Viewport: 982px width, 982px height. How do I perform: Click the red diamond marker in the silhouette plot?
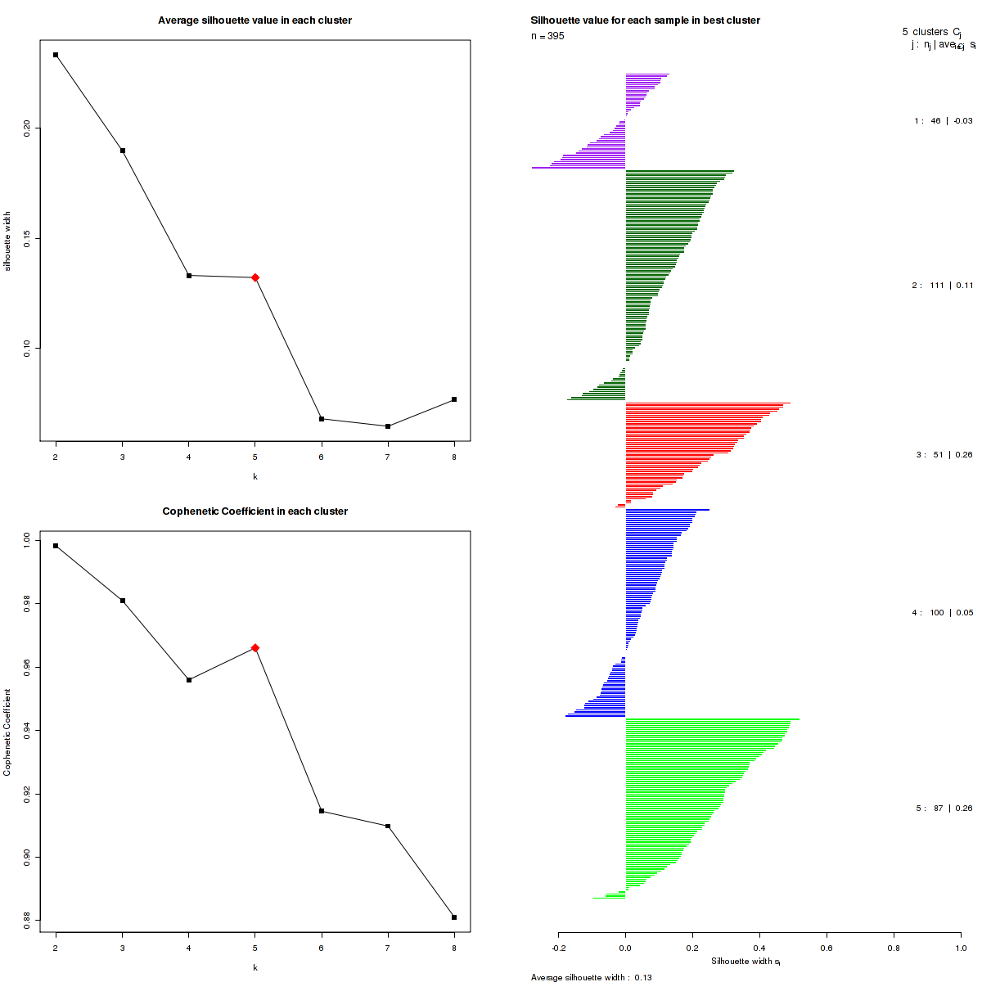pyautogui.click(x=255, y=277)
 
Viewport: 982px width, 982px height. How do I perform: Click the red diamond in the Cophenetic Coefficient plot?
pyautogui.click(x=255, y=647)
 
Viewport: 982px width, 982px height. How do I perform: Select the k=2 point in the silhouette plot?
pyautogui.click(x=56, y=55)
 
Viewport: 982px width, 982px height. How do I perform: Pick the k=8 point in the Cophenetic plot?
pyautogui.click(x=454, y=917)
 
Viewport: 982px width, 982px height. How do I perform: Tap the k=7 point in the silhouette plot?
pyautogui.click(x=388, y=426)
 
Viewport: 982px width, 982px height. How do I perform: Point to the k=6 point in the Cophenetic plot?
pyautogui.click(x=322, y=811)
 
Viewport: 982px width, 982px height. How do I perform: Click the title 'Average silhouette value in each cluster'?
pyautogui.click(x=255, y=20)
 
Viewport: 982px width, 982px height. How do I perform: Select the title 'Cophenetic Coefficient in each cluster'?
pyautogui.click(x=255, y=511)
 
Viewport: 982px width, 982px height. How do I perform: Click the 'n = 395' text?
pyautogui.click(x=547, y=36)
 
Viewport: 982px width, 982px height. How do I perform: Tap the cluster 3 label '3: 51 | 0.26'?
pyautogui.click(x=944, y=455)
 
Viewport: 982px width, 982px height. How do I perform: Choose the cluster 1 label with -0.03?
pyautogui.click(x=943, y=121)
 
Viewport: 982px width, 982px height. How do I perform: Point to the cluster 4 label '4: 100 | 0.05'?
pyautogui.click(x=942, y=613)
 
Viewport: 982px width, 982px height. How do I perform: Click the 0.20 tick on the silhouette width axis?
pyautogui.click(x=28, y=128)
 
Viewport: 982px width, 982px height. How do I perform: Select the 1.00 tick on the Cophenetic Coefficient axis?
pyautogui.click(x=28, y=540)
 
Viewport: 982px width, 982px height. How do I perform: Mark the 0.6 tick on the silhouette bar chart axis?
pyautogui.click(x=827, y=948)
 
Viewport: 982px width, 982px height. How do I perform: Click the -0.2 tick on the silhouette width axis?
pyautogui.click(x=558, y=948)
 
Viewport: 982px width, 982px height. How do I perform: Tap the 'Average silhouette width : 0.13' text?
pyautogui.click(x=591, y=977)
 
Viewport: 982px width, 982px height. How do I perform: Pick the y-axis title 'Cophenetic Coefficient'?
pyautogui.click(x=7, y=732)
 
